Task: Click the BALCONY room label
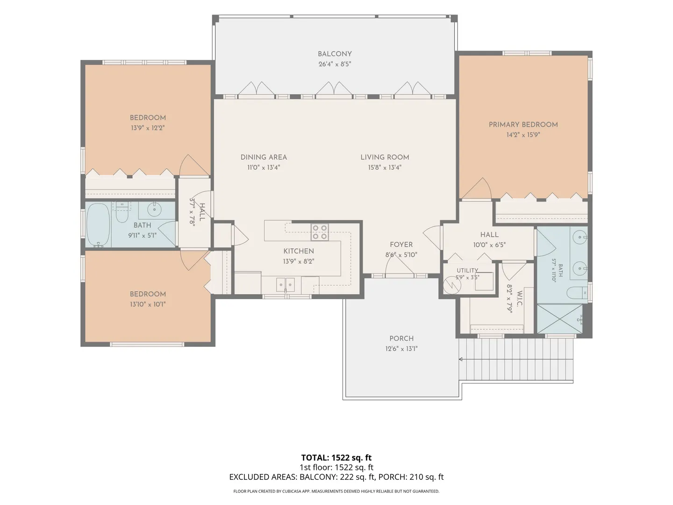click(335, 54)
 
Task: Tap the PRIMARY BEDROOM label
click(523, 124)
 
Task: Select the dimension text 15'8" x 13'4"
click(385, 167)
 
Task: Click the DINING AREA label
click(264, 157)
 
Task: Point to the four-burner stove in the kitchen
click(320, 232)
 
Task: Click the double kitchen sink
click(286, 285)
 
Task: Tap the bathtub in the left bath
click(99, 225)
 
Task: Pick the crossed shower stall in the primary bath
click(560, 318)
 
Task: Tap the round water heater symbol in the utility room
click(452, 285)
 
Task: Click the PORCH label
click(401, 339)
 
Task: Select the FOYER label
click(401, 245)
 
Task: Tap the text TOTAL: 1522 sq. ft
click(336, 458)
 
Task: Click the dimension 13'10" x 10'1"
click(148, 304)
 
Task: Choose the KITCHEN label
click(299, 251)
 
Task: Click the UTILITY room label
click(467, 270)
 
